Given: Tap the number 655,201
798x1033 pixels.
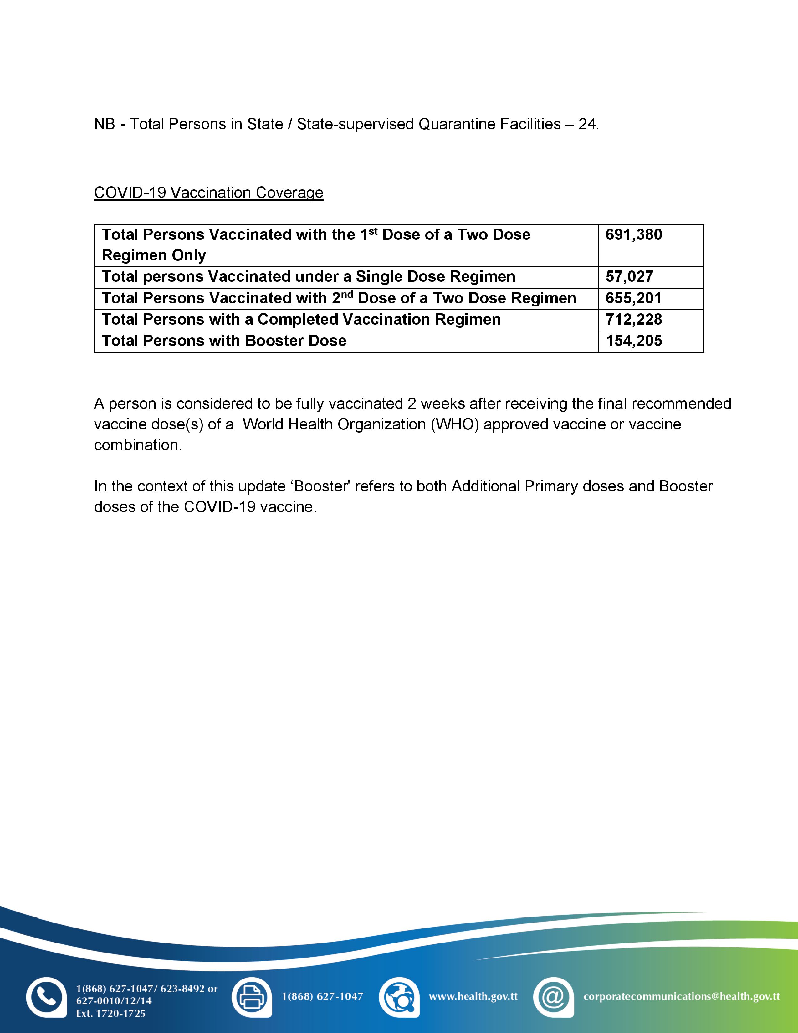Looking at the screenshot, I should coord(633,298).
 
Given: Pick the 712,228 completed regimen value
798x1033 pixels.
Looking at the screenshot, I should coord(633,320).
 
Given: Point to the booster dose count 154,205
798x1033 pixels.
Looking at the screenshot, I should coord(633,341).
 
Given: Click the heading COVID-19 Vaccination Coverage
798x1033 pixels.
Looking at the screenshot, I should coord(208,193).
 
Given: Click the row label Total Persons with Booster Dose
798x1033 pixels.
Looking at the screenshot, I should coord(224,341).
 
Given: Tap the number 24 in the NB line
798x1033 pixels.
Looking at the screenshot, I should coord(587,124).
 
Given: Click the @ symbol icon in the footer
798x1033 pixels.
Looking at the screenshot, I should coord(553,997).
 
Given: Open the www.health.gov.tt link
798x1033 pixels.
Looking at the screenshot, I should coord(473,996).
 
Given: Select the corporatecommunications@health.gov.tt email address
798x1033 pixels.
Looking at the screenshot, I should coord(681,996).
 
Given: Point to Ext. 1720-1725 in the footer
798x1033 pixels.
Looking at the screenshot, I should coord(110,1014).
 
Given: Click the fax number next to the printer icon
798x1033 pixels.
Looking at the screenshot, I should coord(322,996).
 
